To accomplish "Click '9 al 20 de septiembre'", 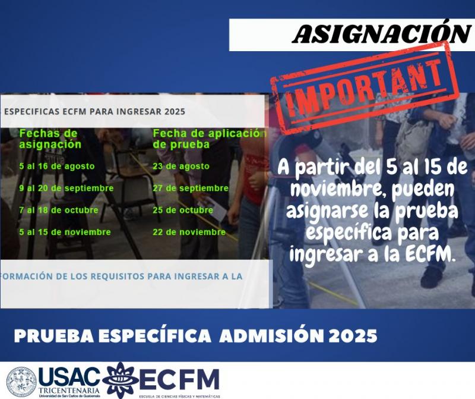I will coord(66,188).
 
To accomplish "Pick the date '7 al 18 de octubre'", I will coord(58,210).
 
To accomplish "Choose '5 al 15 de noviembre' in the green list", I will coord(65,232).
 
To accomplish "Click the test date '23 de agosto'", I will coord(180,166).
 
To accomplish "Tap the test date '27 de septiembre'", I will coord(190,188).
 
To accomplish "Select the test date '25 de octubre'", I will coord(182,210).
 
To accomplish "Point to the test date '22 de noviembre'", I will coord(189,232).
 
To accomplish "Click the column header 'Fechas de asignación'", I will coord(50,139).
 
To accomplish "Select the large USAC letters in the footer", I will coord(69,376).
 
